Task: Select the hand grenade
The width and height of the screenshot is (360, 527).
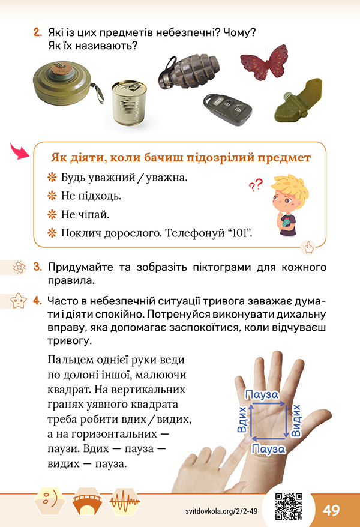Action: tap(189, 72)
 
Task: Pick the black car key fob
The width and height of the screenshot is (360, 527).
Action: tap(227, 109)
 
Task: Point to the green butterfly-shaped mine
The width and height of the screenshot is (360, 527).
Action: tap(299, 101)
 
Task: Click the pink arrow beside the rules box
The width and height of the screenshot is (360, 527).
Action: tap(19, 151)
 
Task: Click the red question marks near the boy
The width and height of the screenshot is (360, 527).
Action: tap(256, 184)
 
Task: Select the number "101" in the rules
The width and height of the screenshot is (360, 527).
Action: tap(240, 233)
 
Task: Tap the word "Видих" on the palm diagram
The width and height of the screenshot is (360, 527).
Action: tap(296, 420)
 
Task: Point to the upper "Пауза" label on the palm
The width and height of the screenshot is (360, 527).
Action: tap(262, 394)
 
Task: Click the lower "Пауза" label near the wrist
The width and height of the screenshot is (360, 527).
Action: tap(268, 449)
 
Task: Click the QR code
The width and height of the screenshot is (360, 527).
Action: tap(289, 507)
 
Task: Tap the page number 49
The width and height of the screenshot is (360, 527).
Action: tap(331, 510)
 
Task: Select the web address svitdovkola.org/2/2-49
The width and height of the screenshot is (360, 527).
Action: tap(221, 511)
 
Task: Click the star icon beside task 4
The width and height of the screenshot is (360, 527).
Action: tap(18, 301)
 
